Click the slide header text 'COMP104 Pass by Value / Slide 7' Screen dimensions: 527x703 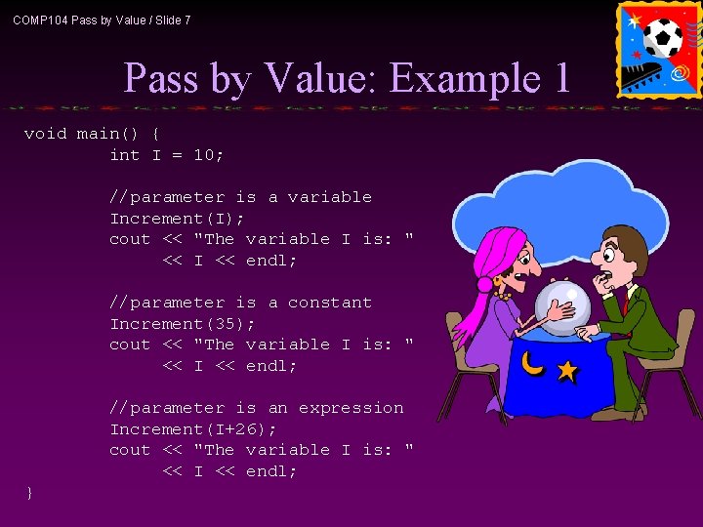102,20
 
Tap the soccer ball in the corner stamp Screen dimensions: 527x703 664,38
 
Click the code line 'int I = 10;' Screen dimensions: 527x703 166,154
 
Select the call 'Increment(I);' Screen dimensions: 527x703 177,218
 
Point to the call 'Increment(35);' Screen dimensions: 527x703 182,323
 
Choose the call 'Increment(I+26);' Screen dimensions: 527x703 192,428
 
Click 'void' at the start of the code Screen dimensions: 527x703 44,134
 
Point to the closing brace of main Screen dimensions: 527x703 29,493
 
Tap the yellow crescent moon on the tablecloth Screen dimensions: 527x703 531,363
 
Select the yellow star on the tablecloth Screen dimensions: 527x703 565,371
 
